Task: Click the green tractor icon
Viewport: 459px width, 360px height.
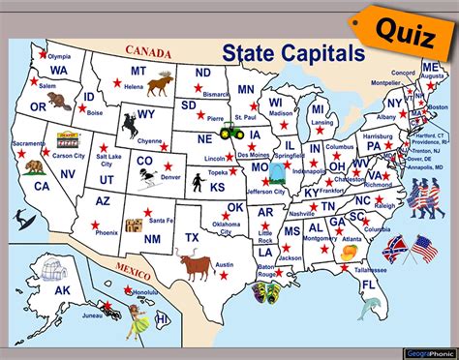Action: pos(232,129)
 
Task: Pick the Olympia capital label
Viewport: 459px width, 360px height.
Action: pos(60,57)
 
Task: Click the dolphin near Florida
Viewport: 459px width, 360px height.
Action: pos(368,308)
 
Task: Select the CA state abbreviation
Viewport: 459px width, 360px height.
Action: pos(42,186)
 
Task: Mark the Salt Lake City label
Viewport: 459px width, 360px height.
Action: pos(108,158)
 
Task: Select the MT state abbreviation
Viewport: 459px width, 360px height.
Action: pos(138,71)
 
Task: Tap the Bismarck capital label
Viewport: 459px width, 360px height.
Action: pos(216,95)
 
